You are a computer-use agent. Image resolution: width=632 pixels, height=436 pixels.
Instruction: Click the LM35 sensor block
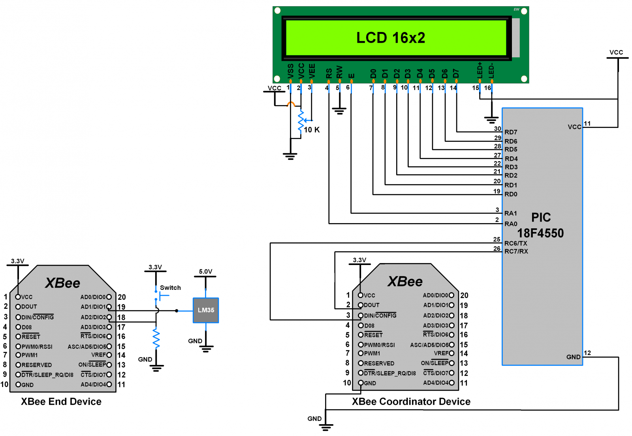(206, 310)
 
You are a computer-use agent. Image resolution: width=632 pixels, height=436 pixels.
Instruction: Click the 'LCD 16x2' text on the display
(391, 38)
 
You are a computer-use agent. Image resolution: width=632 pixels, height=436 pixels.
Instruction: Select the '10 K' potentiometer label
(312, 130)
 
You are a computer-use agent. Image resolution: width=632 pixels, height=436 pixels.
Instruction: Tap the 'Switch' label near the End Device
(170, 288)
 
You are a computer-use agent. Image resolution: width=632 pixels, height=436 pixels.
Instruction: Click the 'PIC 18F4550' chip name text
(540, 226)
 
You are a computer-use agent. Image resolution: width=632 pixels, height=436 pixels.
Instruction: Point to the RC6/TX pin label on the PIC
(515, 243)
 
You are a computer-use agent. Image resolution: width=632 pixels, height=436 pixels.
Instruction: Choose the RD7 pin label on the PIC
(511, 132)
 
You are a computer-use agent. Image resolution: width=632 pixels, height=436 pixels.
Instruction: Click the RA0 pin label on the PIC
(511, 224)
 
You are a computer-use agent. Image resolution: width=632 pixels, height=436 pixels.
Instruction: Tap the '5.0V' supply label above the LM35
(205, 272)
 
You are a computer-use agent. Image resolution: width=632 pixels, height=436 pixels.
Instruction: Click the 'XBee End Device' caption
(61, 402)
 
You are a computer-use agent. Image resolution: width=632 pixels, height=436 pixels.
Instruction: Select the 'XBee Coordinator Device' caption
(411, 402)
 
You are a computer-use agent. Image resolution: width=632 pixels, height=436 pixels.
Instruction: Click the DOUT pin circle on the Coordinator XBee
(361, 305)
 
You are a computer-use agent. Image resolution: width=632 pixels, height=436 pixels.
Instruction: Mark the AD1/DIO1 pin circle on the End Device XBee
(109, 307)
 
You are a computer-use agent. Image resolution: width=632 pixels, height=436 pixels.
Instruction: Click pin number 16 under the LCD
(488, 88)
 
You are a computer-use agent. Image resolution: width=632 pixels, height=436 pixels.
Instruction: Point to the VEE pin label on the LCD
(312, 71)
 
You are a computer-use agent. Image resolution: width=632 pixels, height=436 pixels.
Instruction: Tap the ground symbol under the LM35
(206, 349)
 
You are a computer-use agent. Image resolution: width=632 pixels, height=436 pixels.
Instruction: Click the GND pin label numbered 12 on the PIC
(573, 357)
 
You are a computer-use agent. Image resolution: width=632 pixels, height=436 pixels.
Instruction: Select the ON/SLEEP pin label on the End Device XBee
(92, 365)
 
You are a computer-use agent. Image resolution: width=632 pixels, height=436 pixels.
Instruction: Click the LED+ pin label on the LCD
(480, 70)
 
